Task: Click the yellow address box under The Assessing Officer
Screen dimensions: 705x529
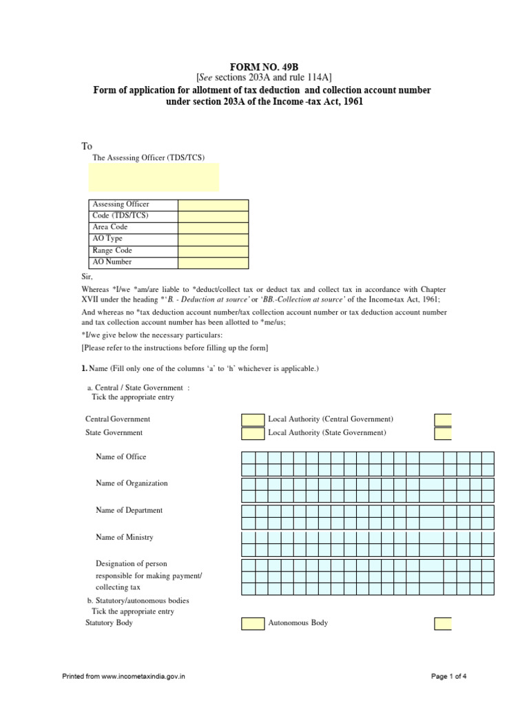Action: (154, 178)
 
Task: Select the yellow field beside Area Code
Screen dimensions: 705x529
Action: (213, 228)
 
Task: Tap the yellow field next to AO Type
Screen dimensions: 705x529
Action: (213, 240)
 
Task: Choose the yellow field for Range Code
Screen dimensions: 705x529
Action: (213, 251)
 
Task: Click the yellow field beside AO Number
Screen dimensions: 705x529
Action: (213, 262)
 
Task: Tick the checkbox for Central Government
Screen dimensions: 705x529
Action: (253, 420)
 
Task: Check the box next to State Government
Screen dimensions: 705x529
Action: (253, 434)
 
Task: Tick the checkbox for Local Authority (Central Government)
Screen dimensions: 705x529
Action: (443, 420)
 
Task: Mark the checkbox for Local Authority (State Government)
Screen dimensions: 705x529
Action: (443, 434)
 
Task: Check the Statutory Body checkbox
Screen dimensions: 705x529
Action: (253, 624)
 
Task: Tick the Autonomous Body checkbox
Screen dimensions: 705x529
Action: (443, 624)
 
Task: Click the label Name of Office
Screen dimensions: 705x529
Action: (121, 457)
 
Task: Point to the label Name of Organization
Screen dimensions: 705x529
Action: (132, 483)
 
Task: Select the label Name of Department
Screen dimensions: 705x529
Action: (129, 511)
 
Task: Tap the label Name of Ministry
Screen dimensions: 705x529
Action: (125, 538)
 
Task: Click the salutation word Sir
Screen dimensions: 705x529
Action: (87, 276)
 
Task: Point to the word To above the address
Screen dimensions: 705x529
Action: (87, 146)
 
